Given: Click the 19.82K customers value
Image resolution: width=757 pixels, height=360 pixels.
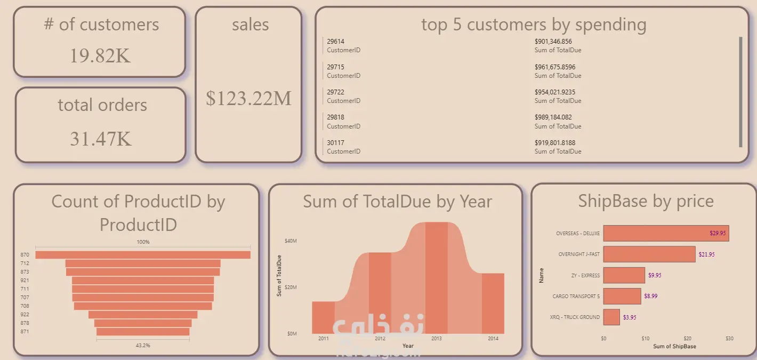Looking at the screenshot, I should [100, 55].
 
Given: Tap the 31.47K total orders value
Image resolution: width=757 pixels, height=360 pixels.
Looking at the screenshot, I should [100, 138].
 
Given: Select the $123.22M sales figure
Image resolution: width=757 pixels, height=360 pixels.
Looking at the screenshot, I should [248, 98].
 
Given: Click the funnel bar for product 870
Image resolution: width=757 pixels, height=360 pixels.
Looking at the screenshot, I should [143, 255].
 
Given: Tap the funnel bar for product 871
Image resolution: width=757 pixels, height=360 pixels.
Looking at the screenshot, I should [143, 332].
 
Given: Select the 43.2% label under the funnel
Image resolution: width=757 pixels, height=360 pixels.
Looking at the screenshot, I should [143, 346].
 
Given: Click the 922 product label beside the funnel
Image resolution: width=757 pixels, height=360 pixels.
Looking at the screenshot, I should [25, 315].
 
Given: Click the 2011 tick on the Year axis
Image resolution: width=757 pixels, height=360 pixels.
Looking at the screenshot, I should [323, 339].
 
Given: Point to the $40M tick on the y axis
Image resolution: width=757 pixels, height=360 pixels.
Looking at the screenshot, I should [291, 241].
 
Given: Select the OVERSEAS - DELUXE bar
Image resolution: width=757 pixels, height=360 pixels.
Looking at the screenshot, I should [666, 234].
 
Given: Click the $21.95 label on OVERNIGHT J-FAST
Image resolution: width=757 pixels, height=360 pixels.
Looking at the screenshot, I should [706, 254].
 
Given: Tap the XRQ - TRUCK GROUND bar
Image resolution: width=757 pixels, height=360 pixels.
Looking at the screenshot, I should [611, 317].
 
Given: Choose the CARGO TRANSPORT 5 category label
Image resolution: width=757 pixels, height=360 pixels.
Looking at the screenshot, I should [576, 296].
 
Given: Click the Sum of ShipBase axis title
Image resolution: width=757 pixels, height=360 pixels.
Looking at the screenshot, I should [674, 347].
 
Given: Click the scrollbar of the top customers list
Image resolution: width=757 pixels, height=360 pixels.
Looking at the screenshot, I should [740, 92].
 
